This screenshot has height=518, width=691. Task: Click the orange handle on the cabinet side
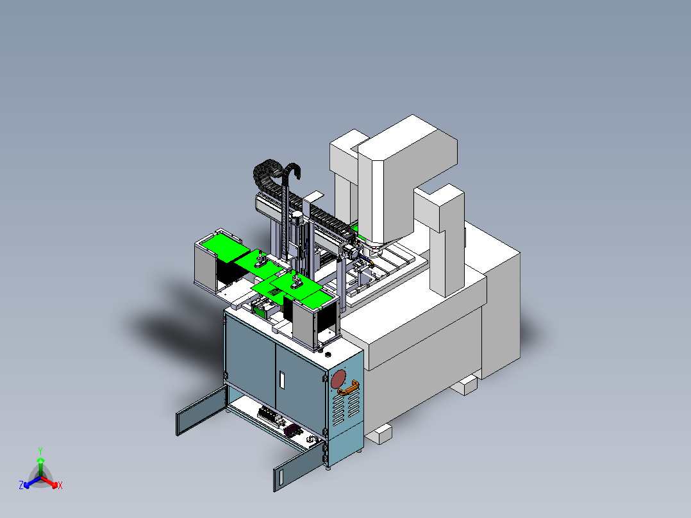tap(348, 388)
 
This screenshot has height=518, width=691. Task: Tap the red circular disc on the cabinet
tap(338, 379)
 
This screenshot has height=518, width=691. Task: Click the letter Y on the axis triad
tap(40, 451)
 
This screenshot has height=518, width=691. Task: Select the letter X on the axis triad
tap(60, 485)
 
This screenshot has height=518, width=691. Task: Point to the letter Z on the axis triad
tap(21, 485)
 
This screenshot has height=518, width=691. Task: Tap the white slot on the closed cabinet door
tap(282, 380)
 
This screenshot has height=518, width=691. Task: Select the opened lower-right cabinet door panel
tap(298, 467)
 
